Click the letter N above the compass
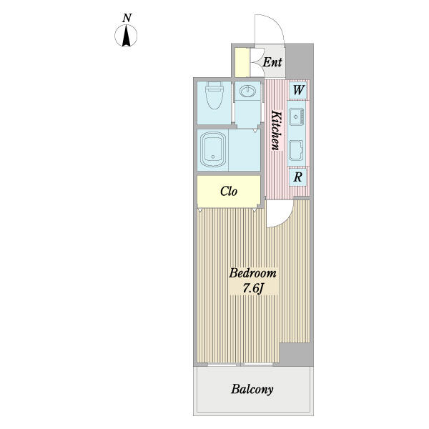click(127, 18)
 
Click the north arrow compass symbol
click(127, 36)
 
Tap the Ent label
click(272, 63)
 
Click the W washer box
click(299, 90)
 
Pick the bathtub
click(214, 150)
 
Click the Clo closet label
click(228, 191)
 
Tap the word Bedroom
click(252, 274)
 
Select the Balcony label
click(252, 390)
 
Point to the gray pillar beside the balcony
click(296, 353)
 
